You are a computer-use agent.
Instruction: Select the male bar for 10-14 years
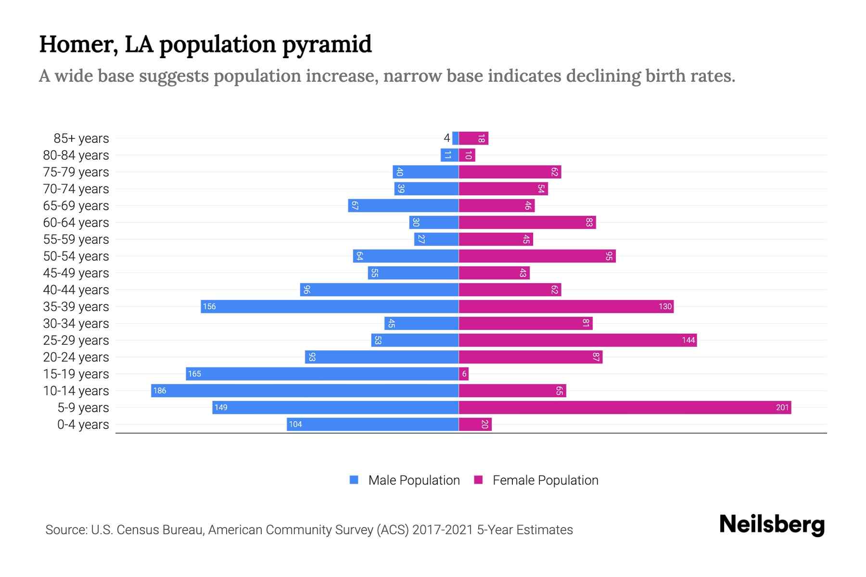coord(305,391)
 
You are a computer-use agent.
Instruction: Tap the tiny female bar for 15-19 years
coord(464,374)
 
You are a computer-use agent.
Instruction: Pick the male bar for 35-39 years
coord(330,307)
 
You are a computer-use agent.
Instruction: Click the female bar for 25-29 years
coord(577,340)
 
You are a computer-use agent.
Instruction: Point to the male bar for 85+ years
coord(455,138)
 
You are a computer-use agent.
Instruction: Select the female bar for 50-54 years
coord(537,256)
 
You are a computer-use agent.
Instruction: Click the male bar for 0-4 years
coord(372,425)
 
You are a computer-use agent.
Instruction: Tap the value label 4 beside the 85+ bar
coord(446,138)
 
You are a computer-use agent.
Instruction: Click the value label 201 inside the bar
coord(782,408)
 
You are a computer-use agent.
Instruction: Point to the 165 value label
coord(194,374)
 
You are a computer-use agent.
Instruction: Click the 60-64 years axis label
coord(76,223)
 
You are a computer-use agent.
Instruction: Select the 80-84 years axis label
coord(76,155)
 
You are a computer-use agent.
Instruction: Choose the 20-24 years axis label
coord(76,357)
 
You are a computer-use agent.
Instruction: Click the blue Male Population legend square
coord(354,480)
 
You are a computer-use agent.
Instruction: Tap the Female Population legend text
coord(545,480)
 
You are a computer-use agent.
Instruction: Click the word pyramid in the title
coord(327,44)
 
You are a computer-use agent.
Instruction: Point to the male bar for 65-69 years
coord(403,206)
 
